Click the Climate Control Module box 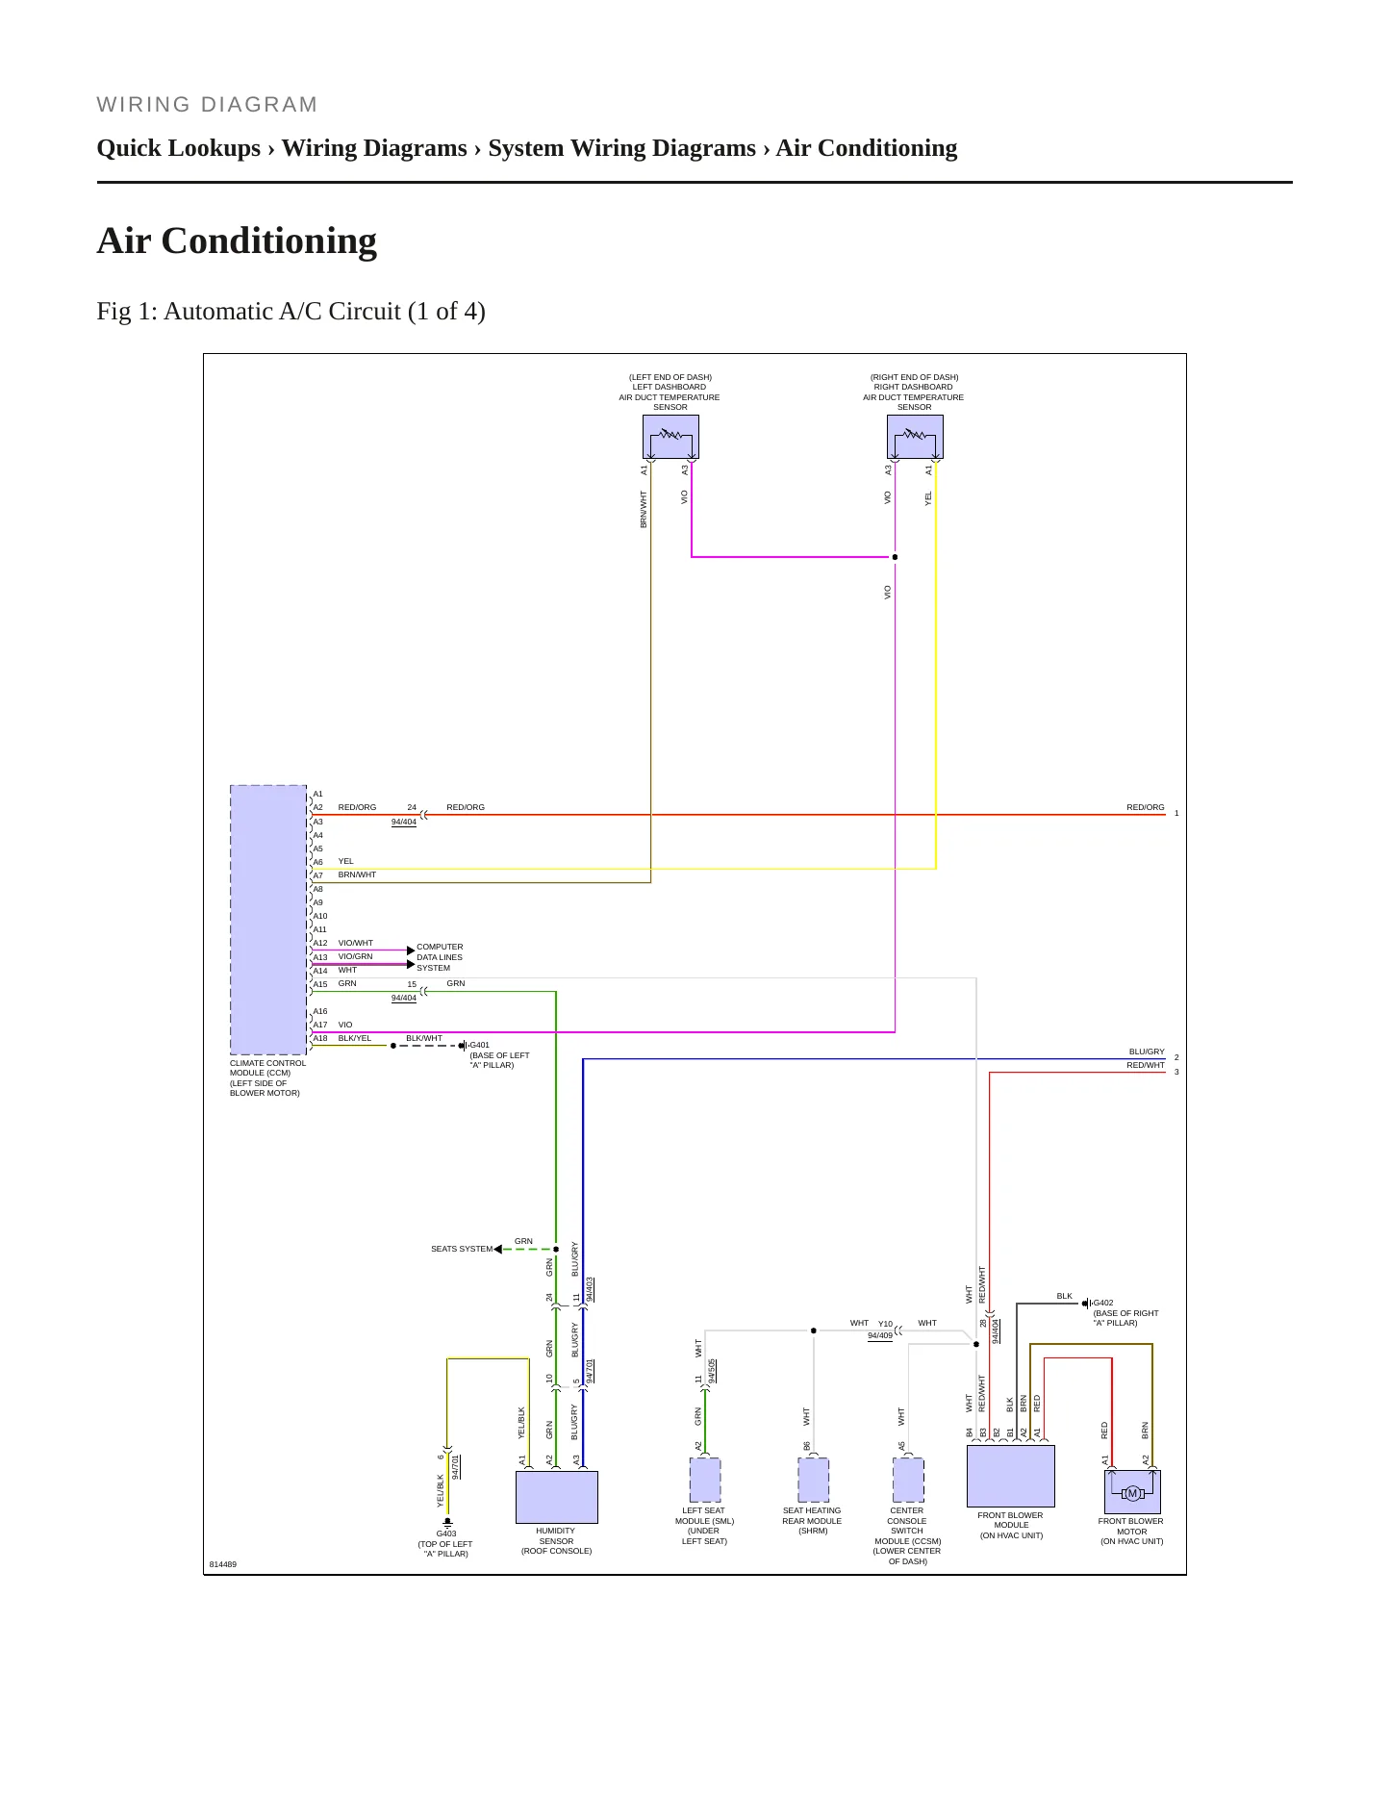(268, 920)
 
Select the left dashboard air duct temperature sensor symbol (670, 437)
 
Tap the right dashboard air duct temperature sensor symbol (915, 437)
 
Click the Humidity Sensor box (557, 1497)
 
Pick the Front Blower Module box (1010, 1476)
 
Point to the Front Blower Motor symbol (1132, 1492)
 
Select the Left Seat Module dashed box (705, 1480)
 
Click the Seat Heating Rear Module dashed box (814, 1480)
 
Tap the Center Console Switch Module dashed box (908, 1480)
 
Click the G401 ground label (479, 1045)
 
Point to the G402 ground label (1103, 1303)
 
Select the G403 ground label (446, 1533)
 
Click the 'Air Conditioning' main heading (237, 241)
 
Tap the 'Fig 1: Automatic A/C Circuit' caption (291, 312)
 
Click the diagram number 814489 (223, 1564)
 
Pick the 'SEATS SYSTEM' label (462, 1249)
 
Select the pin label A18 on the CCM (320, 1038)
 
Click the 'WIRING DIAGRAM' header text (207, 105)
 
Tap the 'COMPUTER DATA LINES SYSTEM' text (440, 957)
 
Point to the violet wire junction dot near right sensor (895, 557)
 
